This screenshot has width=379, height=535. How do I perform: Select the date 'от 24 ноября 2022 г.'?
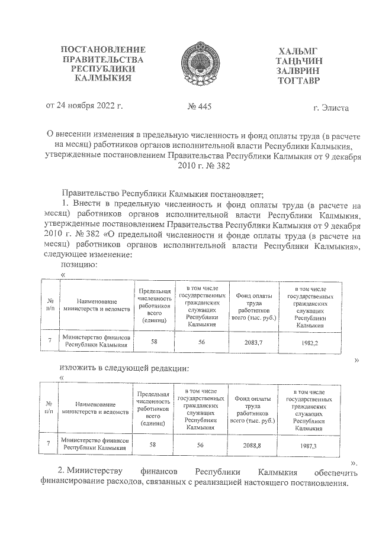coord(84,106)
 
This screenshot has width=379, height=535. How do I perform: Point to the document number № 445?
coord(199,107)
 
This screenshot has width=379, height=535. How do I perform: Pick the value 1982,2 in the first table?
coord(309,342)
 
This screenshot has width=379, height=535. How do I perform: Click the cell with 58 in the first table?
coord(154,342)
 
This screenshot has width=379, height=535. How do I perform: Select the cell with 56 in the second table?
coord(200,445)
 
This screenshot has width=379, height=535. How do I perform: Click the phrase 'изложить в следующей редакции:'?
coord(125,368)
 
